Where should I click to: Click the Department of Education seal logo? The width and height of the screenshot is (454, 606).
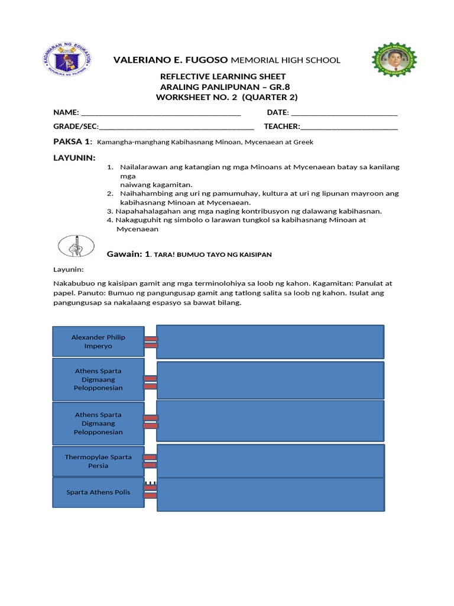67,59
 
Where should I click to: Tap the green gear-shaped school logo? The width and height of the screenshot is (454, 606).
394,59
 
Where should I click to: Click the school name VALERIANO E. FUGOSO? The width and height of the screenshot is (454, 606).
171,60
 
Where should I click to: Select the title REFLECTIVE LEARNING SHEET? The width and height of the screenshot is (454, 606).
223,76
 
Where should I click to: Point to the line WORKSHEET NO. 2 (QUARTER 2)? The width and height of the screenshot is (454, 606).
226,97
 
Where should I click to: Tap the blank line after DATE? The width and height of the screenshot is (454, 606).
344,113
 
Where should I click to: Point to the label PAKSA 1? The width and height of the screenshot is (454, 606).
73,141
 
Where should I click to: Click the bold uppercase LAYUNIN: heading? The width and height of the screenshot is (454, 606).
74,157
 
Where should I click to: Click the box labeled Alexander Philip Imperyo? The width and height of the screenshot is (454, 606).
98,341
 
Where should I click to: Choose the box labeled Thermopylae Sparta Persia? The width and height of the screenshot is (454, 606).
98,461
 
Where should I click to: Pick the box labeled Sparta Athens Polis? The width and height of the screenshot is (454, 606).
98,492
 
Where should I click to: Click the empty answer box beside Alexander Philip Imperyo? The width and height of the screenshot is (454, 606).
270,341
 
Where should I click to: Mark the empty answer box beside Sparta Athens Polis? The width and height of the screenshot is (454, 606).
270,495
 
